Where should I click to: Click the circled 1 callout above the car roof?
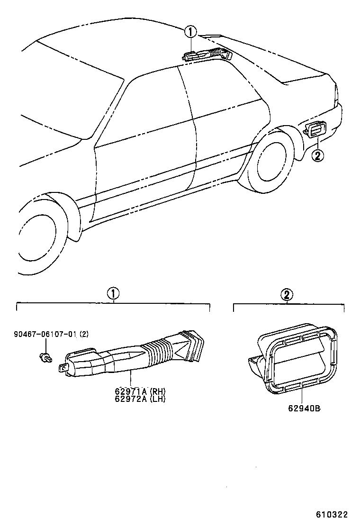point(190,32)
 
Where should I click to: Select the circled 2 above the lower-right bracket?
point(287,295)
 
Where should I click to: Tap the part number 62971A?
point(131,391)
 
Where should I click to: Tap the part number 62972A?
point(131,399)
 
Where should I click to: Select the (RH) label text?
point(158,391)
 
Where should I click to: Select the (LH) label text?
point(158,399)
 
